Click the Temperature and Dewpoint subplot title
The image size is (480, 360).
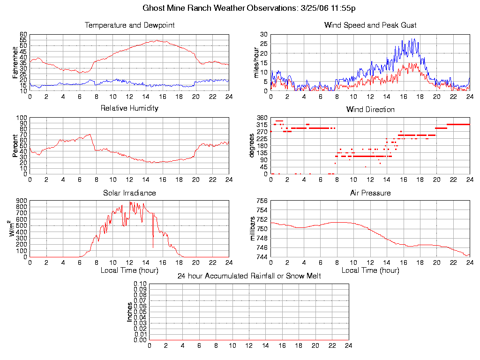point(129,25)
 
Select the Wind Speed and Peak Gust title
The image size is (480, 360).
point(370,25)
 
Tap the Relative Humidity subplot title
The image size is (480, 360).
point(129,108)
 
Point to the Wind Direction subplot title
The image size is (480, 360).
point(370,110)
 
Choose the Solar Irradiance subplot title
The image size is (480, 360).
point(129,193)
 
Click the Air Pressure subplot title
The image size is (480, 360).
point(370,193)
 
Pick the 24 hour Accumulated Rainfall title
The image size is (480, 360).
point(249,276)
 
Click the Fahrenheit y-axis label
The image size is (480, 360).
point(15,62)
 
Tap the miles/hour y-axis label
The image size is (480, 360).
point(256,62)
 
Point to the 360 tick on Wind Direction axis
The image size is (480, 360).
point(262,118)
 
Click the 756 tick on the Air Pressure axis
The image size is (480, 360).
point(262,201)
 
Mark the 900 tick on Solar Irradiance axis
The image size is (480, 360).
point(22,201)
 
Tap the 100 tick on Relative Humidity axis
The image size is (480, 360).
point(22,118)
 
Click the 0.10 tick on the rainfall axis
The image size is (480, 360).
point(140,284)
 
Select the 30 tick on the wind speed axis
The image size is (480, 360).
point(263,35)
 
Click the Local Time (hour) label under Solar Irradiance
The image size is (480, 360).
point(129,270)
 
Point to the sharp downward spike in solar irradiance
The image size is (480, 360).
point(153,244)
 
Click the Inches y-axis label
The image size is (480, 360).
point(130,312)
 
